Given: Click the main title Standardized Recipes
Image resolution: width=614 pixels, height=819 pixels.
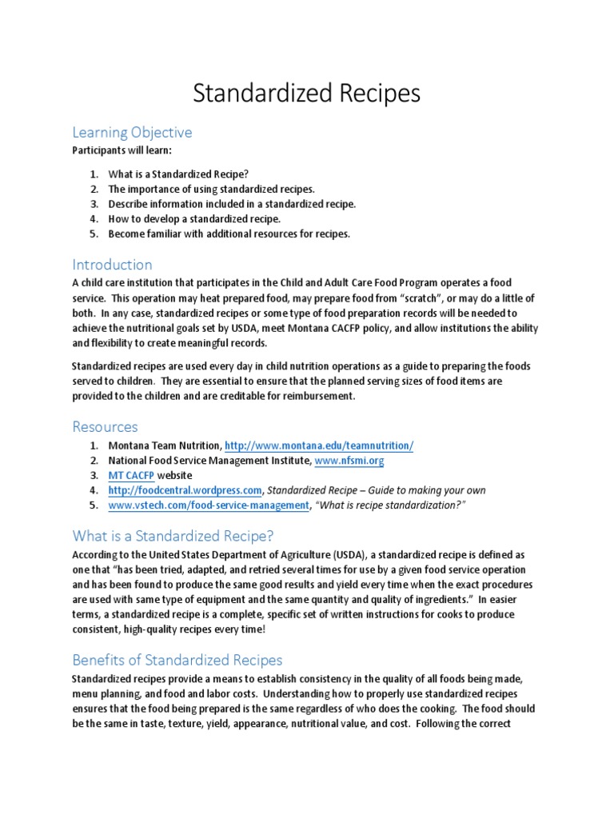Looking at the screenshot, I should (x=306, y=94).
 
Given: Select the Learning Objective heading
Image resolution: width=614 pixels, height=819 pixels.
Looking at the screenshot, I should (x=132, y=132).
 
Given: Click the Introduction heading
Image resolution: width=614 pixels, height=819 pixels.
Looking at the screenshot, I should (x=112, y=264).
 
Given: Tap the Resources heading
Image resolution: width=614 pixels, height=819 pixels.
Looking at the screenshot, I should (x=105, y=426).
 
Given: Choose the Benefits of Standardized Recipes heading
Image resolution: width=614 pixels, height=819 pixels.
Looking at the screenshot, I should (x=177, y=660).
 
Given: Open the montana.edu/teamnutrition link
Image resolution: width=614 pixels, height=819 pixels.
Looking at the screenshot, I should (x=319, y=445).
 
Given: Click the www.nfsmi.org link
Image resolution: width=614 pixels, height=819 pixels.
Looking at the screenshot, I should (x=349, y=461).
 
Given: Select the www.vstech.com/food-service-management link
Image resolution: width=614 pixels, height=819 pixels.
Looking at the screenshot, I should (x=209, y=505).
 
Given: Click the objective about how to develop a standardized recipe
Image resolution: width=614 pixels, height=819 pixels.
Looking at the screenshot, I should (x=194, y=218).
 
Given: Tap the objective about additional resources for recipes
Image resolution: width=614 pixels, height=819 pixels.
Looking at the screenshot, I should (x=229, y=234).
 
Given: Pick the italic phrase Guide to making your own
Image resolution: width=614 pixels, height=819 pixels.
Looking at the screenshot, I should (x=426, y=490).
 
